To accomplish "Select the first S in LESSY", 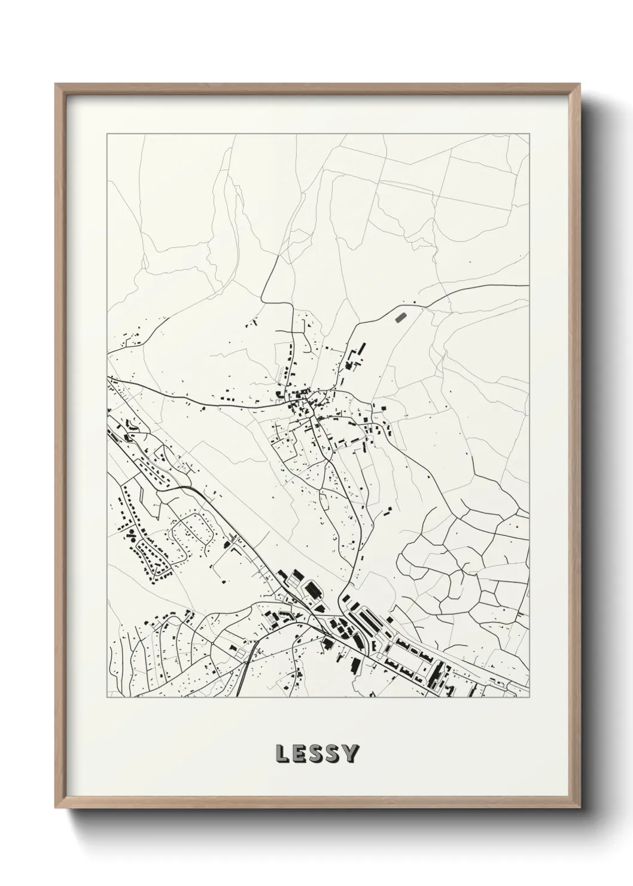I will pyautogui.click(x=317, y=754).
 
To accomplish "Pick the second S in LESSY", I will pyautogui.click(x=334, y=754).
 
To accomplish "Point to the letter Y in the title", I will pyautogui.click(x=351, y=754).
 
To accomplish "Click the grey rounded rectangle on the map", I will pyautogui.click(x=400, y=315).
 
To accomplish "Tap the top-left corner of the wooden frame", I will pyautogui.click(x=56, y=84).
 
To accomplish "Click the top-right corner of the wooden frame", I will pyautogui.click(x=579, y=84).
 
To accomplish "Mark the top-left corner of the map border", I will pyautogui.click(x=107, y=134).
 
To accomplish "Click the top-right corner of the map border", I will pyautogui.click(x=529, y=134).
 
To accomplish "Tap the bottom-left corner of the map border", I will pyautogui.click(x=107, y=697).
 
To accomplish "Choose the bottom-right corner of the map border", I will pyautogui.click(x=529, y=697).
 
